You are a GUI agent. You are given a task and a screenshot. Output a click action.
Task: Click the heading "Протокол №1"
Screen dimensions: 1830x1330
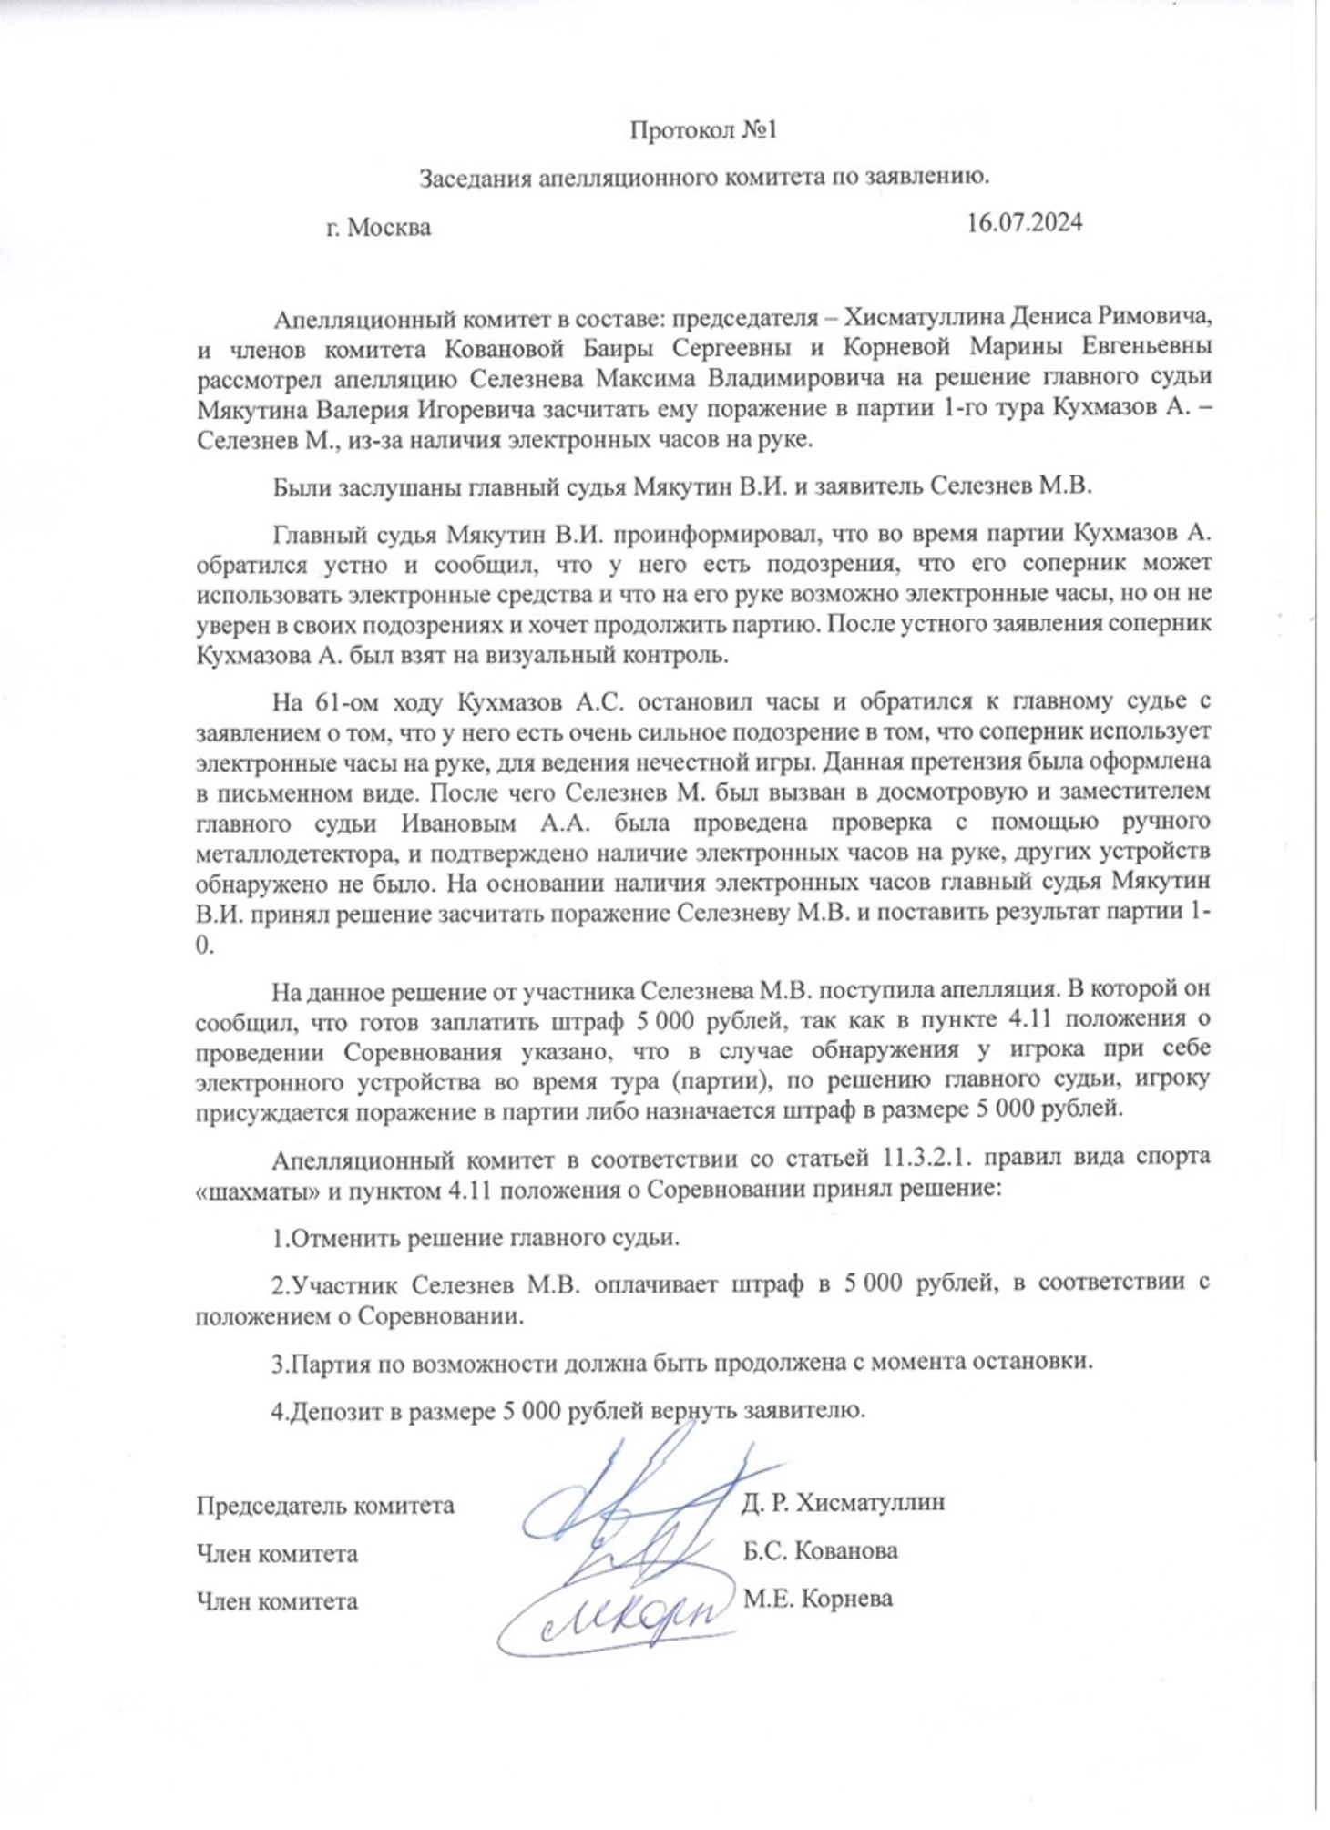click(702, 131)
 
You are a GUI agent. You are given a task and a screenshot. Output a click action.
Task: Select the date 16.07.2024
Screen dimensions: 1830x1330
click(1025, 223)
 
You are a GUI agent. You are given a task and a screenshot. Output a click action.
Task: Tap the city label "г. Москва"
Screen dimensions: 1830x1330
click(378, 227)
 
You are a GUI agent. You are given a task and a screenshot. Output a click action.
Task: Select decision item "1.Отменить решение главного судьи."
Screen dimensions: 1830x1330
click(476, 1238)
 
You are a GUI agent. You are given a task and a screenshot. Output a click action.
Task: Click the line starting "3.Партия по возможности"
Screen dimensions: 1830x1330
click(681, 1362)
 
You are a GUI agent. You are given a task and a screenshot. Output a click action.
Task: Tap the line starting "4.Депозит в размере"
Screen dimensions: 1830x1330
click(567, 1411)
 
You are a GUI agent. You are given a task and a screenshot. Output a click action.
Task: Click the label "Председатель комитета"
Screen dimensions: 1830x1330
click(325, 1505)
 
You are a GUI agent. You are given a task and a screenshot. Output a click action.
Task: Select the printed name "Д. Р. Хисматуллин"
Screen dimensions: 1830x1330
click(843, 1502)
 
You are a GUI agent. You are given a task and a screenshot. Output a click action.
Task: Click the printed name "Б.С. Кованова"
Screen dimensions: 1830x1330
click(820, 1550)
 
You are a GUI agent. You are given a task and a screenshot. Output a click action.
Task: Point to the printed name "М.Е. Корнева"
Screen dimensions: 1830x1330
click(817, 1599)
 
